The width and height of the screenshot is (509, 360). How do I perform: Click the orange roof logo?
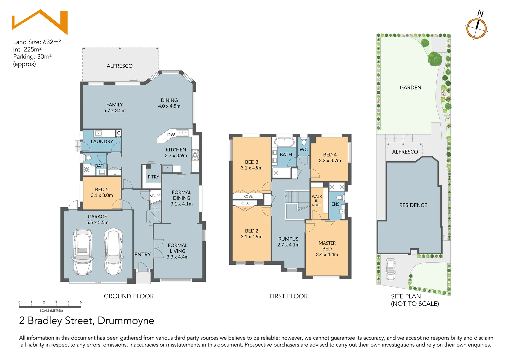(x=40, y=22)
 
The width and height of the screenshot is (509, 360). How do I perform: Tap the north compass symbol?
(x=476, y=28)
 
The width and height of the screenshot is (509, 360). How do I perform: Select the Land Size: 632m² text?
(x=37, y=42)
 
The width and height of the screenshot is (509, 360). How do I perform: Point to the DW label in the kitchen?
(x=171, y=135)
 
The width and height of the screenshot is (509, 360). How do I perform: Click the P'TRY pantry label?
(x=153, y=177)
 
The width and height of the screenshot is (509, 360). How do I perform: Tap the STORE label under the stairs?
(x=155, y=196)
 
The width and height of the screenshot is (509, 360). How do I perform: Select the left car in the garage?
(x=82, y=252)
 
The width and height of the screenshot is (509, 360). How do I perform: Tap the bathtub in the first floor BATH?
(x=284, y=142)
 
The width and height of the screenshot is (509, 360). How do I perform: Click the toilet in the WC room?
(x=303, y=142)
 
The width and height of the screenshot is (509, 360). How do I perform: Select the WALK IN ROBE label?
(x=317, y=201)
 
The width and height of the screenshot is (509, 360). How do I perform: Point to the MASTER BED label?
(x=327, y=246)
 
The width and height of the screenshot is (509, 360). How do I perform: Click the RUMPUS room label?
(x=288, y=239)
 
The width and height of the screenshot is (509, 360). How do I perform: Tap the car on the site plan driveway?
(x=391, y=269)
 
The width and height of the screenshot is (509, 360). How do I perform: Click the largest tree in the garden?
(x=435, y=59)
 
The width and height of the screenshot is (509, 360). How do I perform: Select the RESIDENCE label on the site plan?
(x=413, y=205)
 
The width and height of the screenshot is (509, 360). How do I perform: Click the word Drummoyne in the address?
(x=126, y=321)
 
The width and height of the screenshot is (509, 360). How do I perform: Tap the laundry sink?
(x=98, y=134)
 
